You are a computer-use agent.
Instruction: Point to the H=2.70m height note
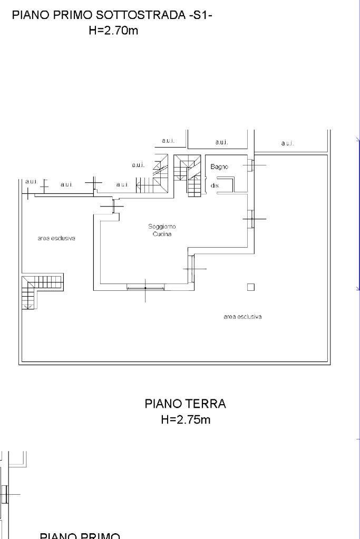pyautogui.click(x=113, y=31)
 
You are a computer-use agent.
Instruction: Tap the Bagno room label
pyautogui.click(x=219, y=167)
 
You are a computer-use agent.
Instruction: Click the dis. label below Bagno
pyautogui.click(x=215, y=186)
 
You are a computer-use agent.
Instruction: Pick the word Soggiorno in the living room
pyautogui.click(x=162, y=227)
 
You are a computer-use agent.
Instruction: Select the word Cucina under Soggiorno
pyautogui.click(x=162, y=234)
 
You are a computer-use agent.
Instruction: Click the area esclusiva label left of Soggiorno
pyautogui.click(x=56, y=238)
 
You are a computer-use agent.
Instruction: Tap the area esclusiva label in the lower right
pyautogui.click(x=242, y=317)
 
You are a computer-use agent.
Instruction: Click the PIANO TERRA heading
pyautogui.click(x=185, y=404)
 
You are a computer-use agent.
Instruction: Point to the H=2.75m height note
pyautogui.click(x=186, y=420)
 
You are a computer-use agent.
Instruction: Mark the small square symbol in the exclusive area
pyautogui.click(x=251, y=287)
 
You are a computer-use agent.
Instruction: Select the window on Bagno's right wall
pyautogui.click(x=252, y=165)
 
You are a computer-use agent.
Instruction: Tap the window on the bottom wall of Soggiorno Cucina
pyautogui.click(x=145, y=288)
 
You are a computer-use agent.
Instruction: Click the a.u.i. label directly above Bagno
pyautogui.click(x=221, y=142)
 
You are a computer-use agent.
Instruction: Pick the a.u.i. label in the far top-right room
pyautogui.click(x=287, y=143)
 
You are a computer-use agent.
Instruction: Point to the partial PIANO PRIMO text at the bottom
pyautogui.click(x=80, y=535)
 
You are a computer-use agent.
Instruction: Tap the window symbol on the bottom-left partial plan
pyautogui.click(x=4, y=494)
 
